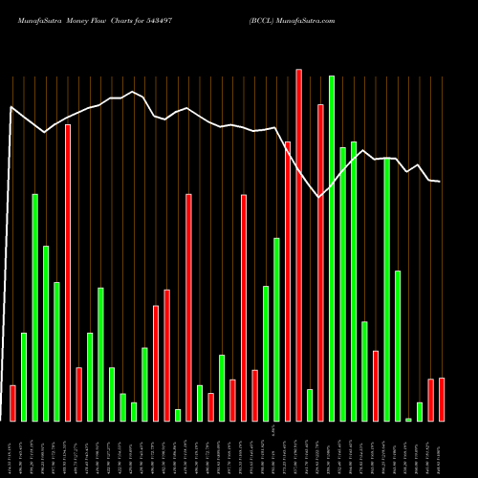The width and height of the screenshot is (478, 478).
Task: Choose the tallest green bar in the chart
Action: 332,249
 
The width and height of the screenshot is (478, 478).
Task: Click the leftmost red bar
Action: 12,402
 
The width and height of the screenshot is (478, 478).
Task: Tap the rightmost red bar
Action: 442,400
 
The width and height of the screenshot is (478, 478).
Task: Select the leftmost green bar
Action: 24,377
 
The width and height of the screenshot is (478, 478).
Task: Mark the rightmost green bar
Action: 420,412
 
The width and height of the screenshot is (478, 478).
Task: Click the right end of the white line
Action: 440,182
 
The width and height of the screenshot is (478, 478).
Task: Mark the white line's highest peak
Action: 133,92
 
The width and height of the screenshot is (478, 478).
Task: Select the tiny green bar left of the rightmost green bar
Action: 408,419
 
